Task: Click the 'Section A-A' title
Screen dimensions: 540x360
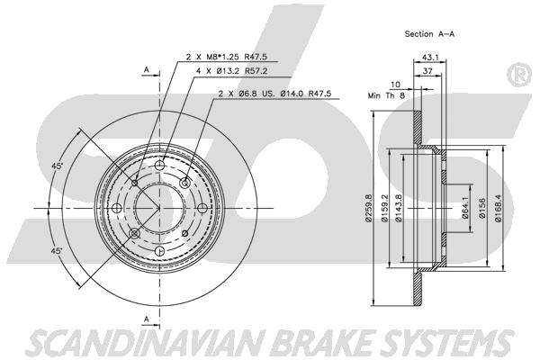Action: coord(429,34)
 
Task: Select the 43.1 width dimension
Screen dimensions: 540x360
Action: coord(430,58)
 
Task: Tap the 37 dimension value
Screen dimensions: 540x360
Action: coord(427,71)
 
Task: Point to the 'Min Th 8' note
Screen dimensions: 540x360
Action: coord(386,95)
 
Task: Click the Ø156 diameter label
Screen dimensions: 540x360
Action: coord(482,208)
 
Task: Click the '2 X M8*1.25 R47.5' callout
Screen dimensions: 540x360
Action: coord(226,57)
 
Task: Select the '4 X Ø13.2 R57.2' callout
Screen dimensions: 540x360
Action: coord(231,71)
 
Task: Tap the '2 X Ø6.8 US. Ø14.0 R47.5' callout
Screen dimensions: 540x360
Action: coord(274,93)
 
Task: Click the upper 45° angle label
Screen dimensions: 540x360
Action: coord(58,166)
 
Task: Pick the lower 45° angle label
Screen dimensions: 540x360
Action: coord(57,251)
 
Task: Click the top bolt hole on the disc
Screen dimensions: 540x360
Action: coord(159,166)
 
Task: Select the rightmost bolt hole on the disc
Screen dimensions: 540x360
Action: coord(202,208)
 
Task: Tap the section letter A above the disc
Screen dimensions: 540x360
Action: coord(147,70)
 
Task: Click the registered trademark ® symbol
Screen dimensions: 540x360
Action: coord(519,76)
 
